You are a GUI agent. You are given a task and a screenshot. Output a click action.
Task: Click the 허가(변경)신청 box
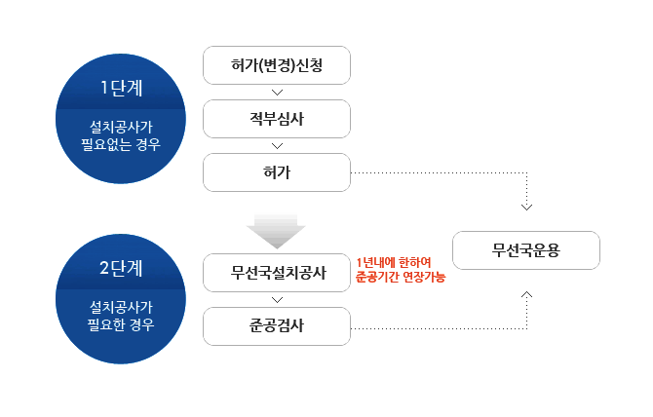[x=276, y=65]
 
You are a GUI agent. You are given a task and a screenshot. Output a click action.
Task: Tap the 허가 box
[x=276, y=172]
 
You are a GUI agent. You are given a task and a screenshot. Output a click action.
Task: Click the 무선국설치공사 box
[x=276, y=272]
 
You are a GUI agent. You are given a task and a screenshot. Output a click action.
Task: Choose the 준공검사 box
[x=276, y=325]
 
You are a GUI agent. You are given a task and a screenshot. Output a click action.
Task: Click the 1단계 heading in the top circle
[x=122, y=88]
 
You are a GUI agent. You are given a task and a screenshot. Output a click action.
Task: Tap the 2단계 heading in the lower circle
[x=122, y=268]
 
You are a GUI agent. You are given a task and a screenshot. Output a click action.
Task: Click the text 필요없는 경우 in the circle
[x=121, y=144]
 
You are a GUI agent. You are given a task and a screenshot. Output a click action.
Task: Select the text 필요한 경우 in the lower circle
[x=121, y=323]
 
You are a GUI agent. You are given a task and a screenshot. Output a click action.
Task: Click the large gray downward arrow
[x=276, y=230]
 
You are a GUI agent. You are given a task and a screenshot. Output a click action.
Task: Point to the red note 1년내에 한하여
[x=394, y=261]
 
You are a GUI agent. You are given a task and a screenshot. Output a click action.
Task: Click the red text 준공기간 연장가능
[x=401, y=278]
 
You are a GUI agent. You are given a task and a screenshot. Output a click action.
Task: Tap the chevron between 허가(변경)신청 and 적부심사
[x=277, y=93]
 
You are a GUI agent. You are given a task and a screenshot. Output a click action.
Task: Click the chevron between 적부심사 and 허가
[x=277, y=146]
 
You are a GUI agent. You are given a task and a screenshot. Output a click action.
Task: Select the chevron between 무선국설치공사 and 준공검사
[x=277, y=299]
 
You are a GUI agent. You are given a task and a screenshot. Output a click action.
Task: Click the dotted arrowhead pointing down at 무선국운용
[x=526, y=206]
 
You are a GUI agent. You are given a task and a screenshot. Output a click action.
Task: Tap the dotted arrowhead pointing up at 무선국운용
[x=526, y=292]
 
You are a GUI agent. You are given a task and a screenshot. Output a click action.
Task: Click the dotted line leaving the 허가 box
[x=439, y=173]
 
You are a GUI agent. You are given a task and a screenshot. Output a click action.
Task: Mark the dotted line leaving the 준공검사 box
[x=439, y=327]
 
